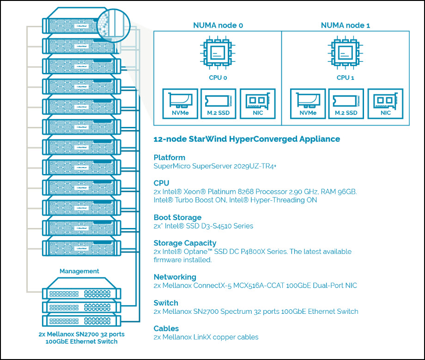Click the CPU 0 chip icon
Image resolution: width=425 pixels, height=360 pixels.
coord(218,54)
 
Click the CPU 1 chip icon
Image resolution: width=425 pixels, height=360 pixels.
coord(345,54)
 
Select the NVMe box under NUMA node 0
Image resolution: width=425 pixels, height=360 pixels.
coord(180,104)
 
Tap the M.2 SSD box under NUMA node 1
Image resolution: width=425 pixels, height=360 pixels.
coord(345,104)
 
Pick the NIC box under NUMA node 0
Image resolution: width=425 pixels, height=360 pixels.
coord(257,104)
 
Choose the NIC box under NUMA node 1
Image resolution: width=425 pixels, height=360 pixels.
coord(385,104)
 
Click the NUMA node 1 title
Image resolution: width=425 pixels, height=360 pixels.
coord(345,25)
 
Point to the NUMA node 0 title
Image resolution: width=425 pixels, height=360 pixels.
coord(218,25)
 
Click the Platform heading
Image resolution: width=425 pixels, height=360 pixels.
coord(169,157)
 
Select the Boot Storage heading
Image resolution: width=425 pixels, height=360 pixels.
coord(177,217)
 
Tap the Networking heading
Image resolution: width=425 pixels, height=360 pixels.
coord(175,277)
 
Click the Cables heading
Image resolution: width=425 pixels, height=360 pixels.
coord(166,328)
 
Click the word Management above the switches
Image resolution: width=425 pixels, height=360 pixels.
coord(79,271)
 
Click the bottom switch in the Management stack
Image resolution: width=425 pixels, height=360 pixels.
coord(81,320)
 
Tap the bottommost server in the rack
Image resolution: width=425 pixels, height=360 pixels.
coord(81,246)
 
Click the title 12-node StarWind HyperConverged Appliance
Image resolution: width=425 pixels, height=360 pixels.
coord(246,139)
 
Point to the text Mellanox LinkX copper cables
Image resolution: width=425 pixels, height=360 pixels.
coord(206,337)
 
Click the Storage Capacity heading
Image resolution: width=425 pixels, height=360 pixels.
coord(185,243)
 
